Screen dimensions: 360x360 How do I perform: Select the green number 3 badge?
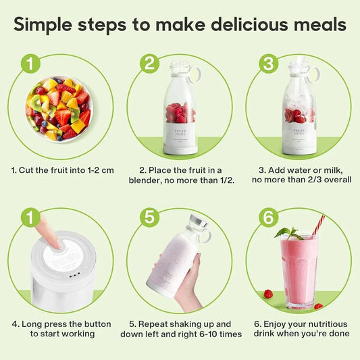coord(269,63)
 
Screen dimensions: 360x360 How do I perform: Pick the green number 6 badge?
coord(269,217)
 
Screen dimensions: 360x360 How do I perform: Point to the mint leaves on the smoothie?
coord(288,232)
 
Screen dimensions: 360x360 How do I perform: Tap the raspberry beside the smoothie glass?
coord(268,294)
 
